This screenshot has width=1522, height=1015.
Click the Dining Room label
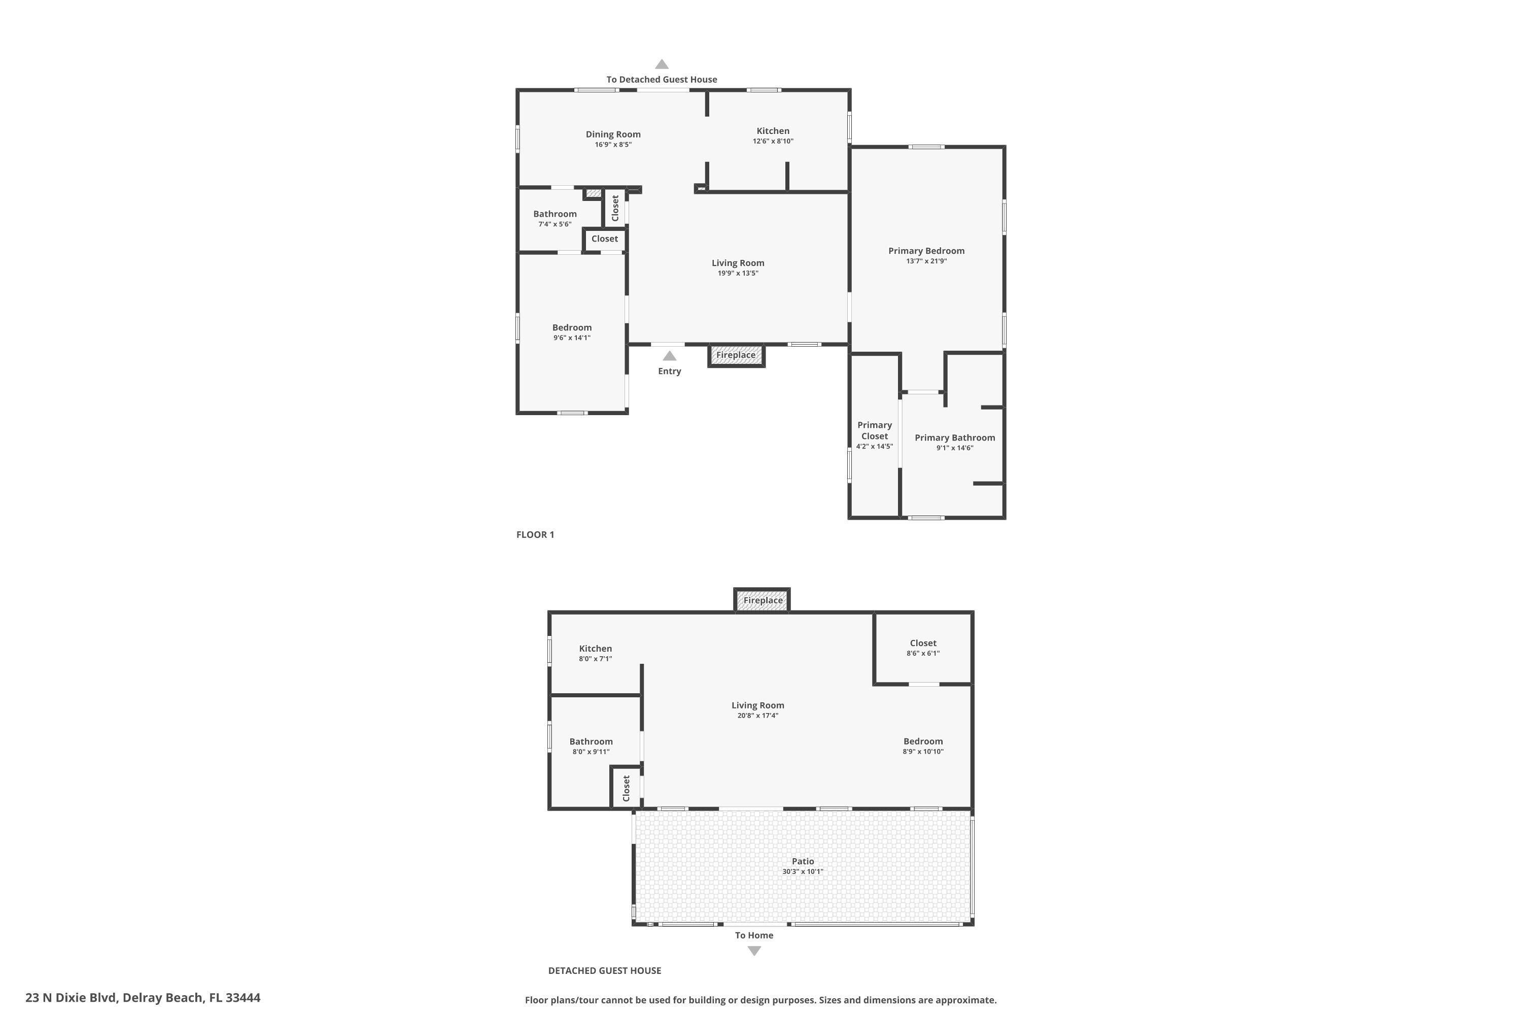point(613,134)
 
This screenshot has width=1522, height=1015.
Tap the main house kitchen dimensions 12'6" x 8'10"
point(773,141)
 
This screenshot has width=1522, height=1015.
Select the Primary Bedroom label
point(926,251)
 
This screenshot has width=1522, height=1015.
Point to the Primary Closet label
point(874,430)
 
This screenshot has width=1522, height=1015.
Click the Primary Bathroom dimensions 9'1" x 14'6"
point(954,448)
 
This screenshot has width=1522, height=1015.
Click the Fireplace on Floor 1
point(736,355)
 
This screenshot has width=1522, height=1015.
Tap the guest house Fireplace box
point(763,600)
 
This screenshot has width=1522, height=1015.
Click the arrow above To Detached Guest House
point(662,64)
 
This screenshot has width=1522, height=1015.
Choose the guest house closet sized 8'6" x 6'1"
point(923,648)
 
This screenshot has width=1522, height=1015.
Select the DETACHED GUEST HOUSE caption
point(604,970)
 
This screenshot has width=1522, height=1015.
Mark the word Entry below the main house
point(669,371)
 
